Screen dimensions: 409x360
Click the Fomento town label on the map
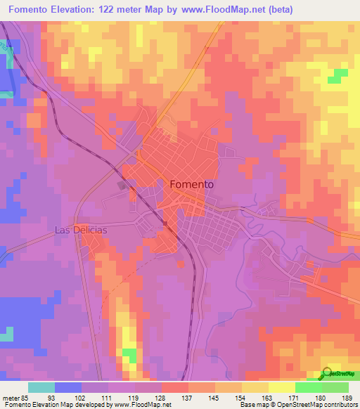pyautogui.click(x=192, y=184)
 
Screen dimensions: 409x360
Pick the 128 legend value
pyautogui.click(x=160, y=397)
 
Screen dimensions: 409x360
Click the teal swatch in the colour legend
pyautogui.click(x=41, y=387)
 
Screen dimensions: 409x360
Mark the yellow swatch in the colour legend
pyautogui.click(x=282, y=387)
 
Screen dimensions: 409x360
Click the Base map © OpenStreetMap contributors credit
pyautogui.click(x=298, y=405)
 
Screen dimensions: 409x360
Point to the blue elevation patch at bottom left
pyautogui.click(x=21, y=316)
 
